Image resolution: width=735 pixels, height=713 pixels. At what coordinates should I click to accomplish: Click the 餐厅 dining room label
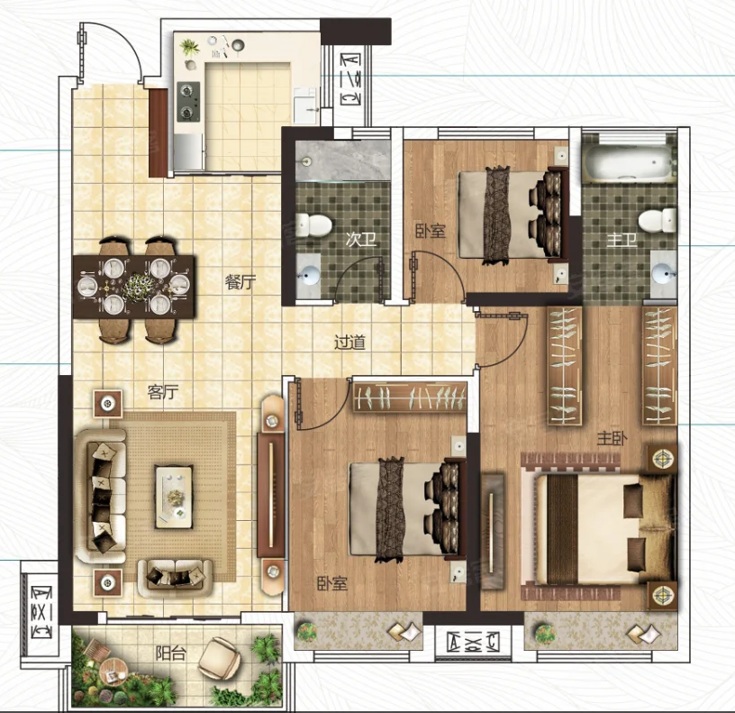(240, 282)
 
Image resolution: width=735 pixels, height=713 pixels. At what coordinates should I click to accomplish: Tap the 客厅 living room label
(163, 392)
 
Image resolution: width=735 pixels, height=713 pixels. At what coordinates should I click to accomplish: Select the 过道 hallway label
(349, 343)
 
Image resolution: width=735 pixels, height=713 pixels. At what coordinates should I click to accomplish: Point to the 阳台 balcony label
(170, 653)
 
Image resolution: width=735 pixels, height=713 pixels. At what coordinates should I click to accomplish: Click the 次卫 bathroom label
(361, 239)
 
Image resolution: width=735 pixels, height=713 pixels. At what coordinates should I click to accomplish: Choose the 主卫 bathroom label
(622, 240)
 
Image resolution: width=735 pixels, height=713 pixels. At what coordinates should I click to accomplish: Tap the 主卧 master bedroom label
(612, 438)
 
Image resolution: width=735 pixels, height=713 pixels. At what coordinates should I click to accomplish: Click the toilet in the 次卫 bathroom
(313, 224)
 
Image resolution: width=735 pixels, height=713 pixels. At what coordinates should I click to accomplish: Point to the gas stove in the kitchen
(188, 102)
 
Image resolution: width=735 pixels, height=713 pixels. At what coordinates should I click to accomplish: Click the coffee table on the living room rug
(174, 497)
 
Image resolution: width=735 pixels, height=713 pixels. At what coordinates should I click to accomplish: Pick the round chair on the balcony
(220, 657)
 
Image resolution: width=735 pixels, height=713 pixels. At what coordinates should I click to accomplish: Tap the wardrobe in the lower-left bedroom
(410, 398)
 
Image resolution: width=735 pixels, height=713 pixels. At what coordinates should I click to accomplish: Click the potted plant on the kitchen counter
(190, 48)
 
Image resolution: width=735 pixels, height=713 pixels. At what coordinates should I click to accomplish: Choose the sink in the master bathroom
(663, 273)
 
